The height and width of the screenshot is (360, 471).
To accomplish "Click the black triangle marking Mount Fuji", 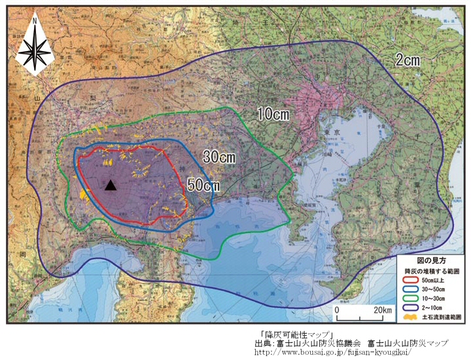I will coord(111,185).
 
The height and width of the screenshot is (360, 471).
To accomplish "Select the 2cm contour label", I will coord(407,60).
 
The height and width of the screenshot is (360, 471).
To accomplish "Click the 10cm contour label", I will coord(273,114).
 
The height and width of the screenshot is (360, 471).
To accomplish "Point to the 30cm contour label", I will coord(219,157).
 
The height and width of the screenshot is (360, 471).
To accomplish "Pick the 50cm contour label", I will coord(203,185).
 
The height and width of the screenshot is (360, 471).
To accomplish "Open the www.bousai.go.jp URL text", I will coord(333,351).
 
